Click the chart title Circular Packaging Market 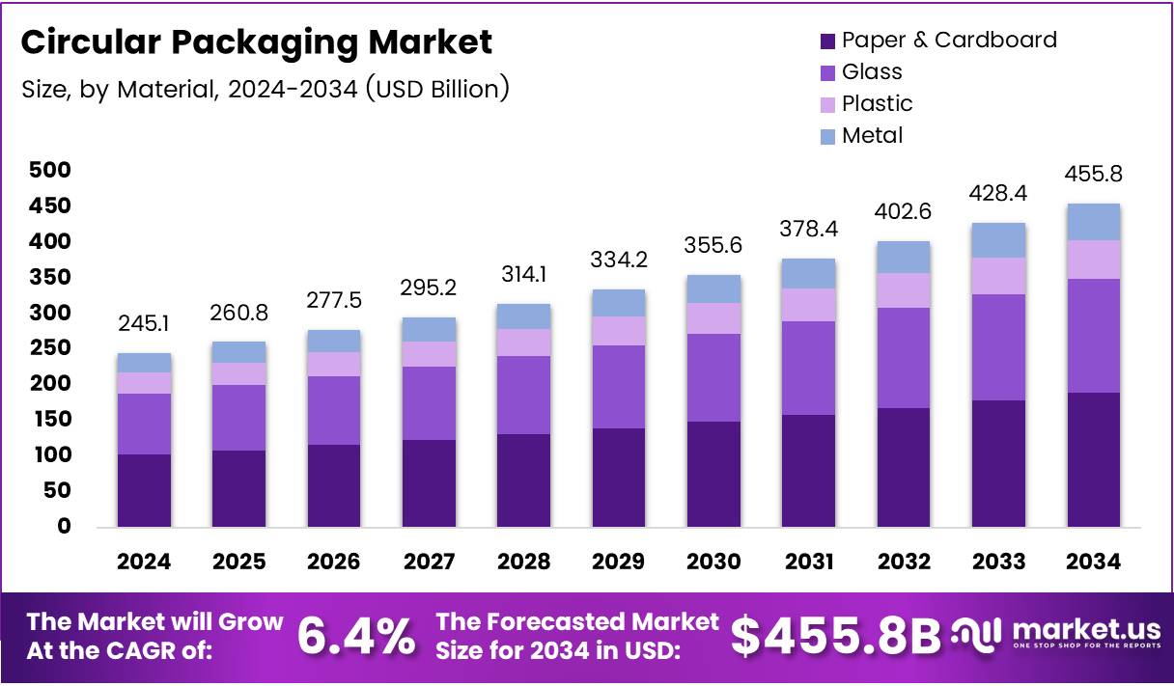(256, 42)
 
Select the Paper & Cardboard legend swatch (827, 41)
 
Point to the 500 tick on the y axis (50, 171)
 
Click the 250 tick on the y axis (50, 348)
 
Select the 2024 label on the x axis (144, 562)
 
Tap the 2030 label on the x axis (713, 562)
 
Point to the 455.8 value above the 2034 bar (1093, 175)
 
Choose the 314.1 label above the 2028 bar (523, 275)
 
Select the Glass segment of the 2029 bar (618, 386)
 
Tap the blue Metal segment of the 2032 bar (904, 257)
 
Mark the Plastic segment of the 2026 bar (333, 364)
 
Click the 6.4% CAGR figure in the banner (356, 637)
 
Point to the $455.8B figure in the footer (834, 637)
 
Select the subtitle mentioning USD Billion (266, 90)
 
